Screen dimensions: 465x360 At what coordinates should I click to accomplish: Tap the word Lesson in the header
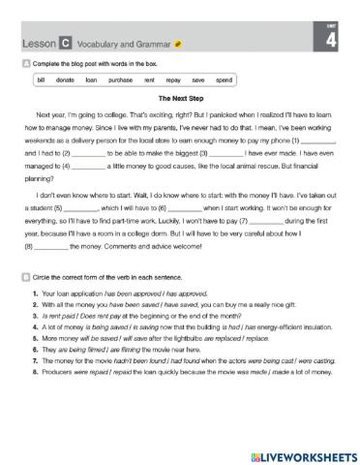pos(36,45)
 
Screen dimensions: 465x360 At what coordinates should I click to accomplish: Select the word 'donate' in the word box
pos(66,78)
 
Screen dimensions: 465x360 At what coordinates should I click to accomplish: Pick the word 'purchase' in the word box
pos(121,78)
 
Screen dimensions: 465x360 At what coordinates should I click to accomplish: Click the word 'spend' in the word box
pos(224,78)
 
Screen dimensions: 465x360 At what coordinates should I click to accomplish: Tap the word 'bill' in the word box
pos(41,78)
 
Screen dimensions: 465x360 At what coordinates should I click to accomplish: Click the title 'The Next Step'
pos(180,98)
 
